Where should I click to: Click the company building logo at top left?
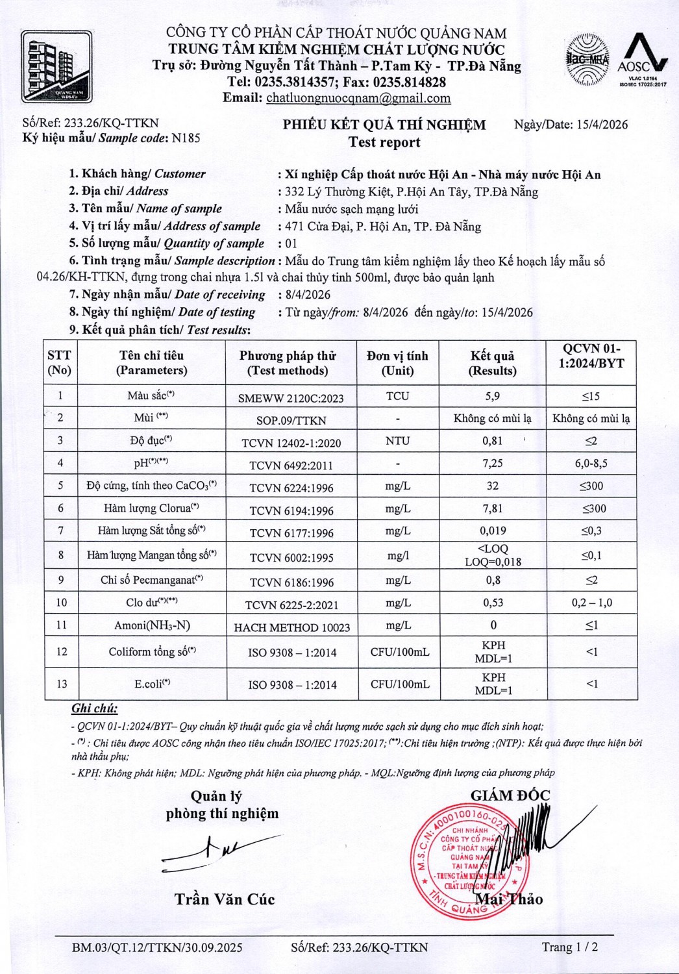pos(56,67)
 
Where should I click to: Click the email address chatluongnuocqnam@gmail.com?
pos(358,98)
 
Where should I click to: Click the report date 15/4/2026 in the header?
pos(602,125)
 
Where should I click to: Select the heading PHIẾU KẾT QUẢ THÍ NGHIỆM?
pos(384,125)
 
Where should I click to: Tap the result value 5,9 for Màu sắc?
pos(493,396)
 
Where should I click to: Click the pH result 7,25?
pos(493,464)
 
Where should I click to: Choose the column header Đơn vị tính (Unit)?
pos(397,363)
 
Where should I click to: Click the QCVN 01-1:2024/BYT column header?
pos(591,356)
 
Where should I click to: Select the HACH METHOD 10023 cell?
pos(291,627)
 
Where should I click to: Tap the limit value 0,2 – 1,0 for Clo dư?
pos(591,603)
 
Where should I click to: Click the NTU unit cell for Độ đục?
pos(397,441)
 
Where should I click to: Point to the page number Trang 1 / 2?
pos(570,947)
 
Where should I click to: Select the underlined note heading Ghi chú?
pos(94,708)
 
